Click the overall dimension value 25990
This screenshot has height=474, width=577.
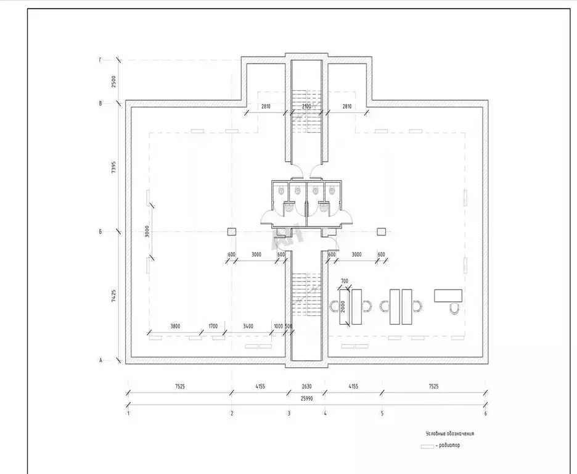tap(306, 399)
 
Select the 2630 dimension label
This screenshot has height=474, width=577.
tap(306, 387)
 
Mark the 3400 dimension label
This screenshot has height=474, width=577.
tap(248, 326)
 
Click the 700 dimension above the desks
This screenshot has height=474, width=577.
tap(344, 281)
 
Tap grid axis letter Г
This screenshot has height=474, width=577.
tap(100, 60)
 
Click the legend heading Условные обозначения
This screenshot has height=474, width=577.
tap(449, 433)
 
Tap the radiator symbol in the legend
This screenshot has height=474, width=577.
tap(427, 446)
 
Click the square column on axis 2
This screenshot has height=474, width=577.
tap(232, 231)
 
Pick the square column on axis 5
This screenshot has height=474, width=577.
tap(382, 231)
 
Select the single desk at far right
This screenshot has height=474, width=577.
tap(448, 296)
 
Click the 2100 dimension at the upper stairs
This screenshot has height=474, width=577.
tap(306, 107)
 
